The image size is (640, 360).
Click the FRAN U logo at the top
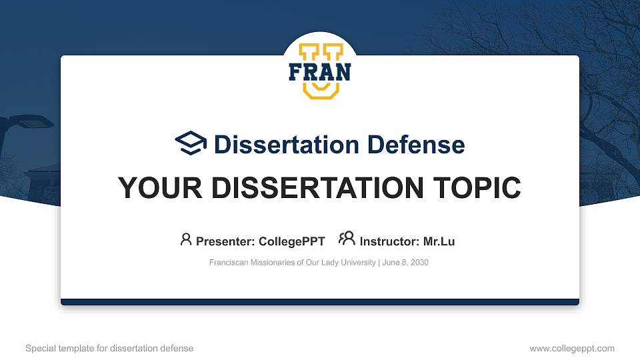click(x=320, y=71)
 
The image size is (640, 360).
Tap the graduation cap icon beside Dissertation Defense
click(x=191, y=143)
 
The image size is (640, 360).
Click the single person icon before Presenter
click(x=186, y=239)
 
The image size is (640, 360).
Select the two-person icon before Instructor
click(x=347, y=239)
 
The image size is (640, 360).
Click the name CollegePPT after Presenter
click(x=291, y=241)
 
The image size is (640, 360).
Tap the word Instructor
click(x=389, y=241)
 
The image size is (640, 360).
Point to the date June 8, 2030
click(x=405, y=263)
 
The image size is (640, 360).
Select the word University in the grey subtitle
click(x=358, y=263)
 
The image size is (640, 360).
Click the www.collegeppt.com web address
click(x=571, y=348)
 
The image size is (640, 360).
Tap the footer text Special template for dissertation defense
click(x=109, y=348)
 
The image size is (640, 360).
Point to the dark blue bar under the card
click(x=320, y=302)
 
